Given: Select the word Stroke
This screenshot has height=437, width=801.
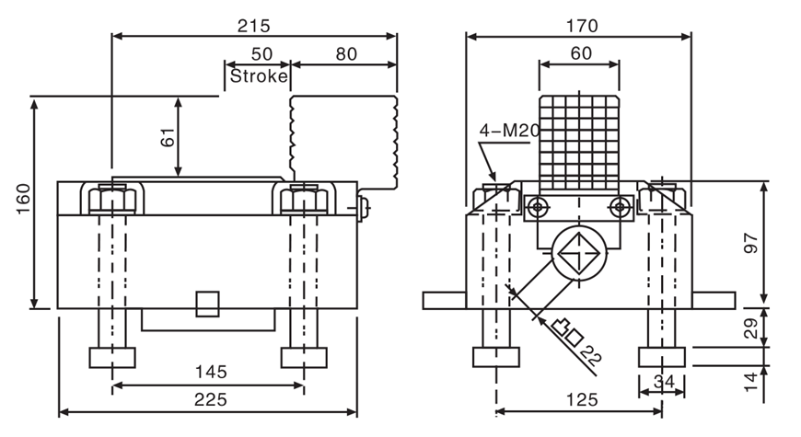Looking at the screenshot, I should pos(259,76).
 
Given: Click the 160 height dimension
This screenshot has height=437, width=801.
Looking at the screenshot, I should pos(24,201).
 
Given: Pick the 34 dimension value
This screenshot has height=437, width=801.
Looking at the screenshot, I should pos(663,381).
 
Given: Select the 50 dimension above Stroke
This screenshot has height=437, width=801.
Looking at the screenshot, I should pos(261,54).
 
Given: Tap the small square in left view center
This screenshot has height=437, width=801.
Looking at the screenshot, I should pos(208,303).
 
